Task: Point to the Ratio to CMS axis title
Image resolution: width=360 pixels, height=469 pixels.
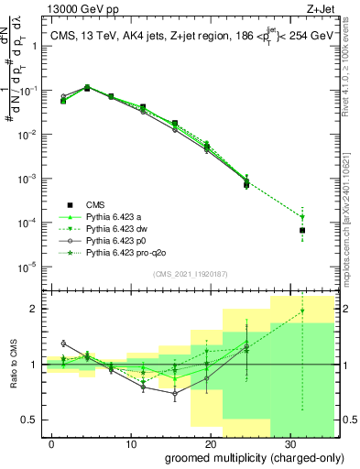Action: click(x=12, y=364)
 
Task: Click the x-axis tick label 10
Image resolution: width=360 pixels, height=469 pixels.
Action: click(x=131, y=443)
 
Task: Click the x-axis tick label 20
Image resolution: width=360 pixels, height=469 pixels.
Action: click(x=210, y=443)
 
